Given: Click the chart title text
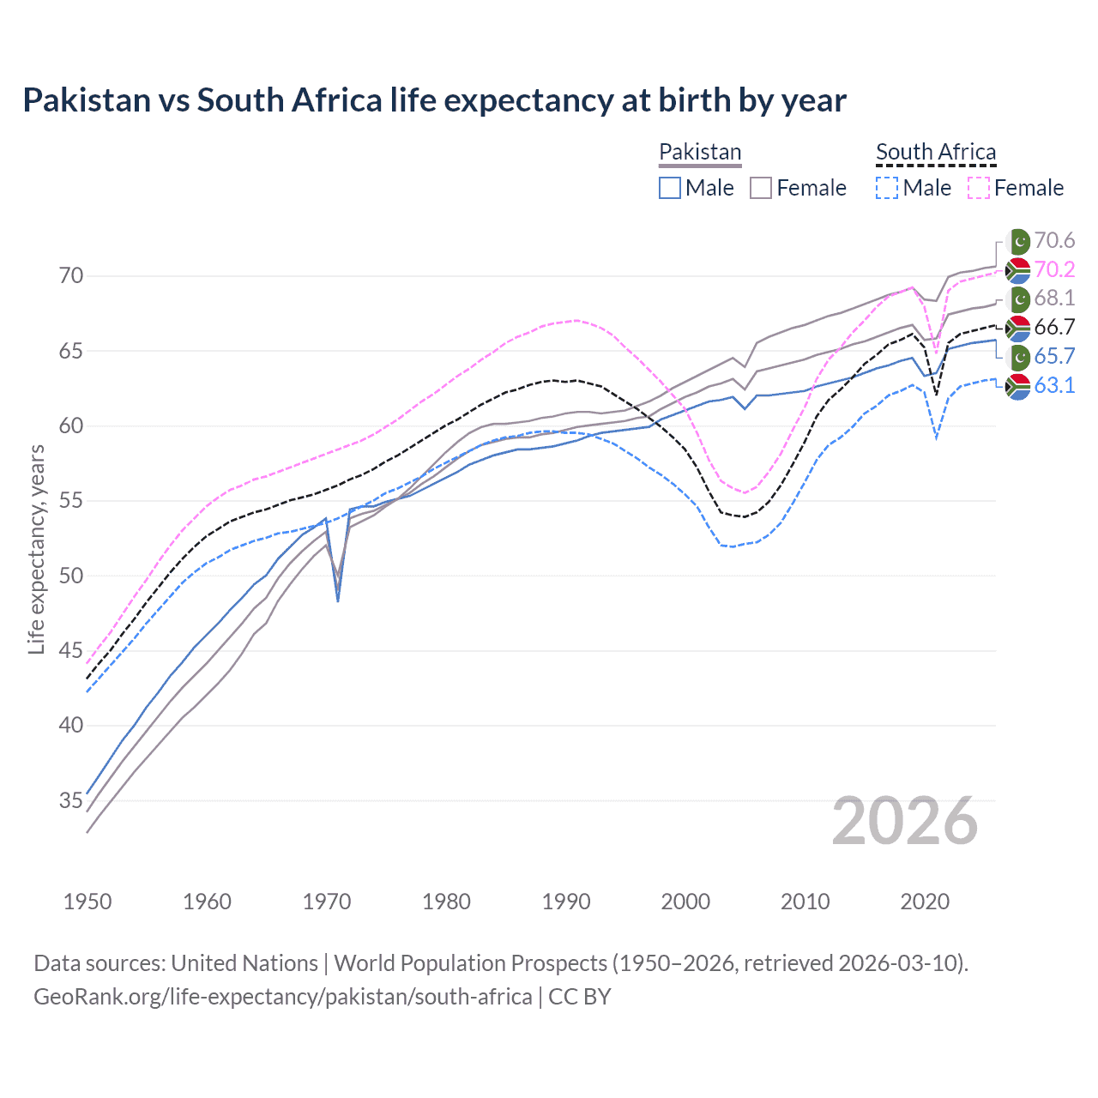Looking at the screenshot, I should click(x=434, y=100).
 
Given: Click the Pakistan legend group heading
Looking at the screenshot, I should click(x=700, y=152).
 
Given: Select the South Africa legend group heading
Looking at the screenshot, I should click(x=935, y=152).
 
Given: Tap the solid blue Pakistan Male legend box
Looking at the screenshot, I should click(x=670, y=188).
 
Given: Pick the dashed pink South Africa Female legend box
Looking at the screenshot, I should click(x=979, y=188).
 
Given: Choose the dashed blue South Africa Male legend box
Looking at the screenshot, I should click(x=887, y=188).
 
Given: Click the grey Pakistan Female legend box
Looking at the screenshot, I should click(x=761, y=188).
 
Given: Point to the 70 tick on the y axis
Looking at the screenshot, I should click(x=71, y=276).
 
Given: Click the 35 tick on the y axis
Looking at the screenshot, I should click(x=71, y=800).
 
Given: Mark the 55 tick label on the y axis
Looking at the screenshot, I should click(x=71, y=501).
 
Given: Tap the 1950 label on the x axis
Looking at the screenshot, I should click(x=87, y=902).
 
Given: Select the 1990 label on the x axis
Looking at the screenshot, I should click(x=566, y=902).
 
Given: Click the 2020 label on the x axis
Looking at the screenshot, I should click(x=925, y=902).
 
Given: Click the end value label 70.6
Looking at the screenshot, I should click(x=1054, y=241).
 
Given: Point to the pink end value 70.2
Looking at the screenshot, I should click(x=1054, y=270).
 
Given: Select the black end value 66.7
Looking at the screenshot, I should click(x=1054, y=328).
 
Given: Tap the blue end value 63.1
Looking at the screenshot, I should click(x=1054, y=386).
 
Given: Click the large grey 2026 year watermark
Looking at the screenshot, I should click(x=905, y=821).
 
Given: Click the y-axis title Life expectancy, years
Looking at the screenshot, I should click(x=36, y=549).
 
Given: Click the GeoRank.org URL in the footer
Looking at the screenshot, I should click(x=282, y=997).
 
